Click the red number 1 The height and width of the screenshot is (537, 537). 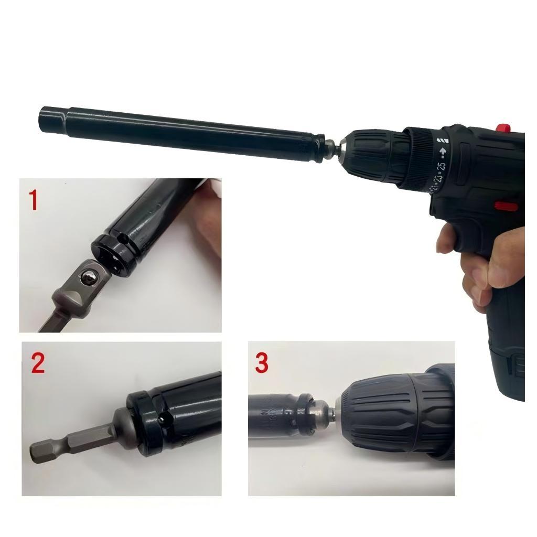[x=34, y=200]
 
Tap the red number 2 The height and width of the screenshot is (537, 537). [x=37, y=363]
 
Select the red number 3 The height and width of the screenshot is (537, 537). [x=262, y=363]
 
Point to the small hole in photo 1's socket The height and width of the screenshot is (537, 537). [x=125, y=239]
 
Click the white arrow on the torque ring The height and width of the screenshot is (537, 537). [x=443, y=153]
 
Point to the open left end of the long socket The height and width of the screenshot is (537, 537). [x=44, y=119]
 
